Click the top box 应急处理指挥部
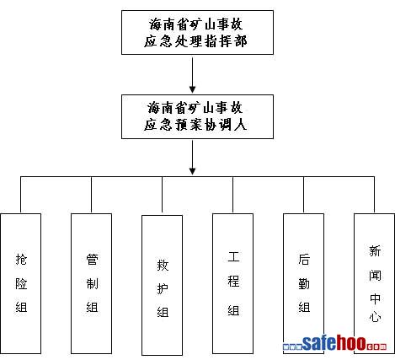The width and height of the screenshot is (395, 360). tap(197, 32)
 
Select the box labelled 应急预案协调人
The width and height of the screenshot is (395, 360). tap(197, 116)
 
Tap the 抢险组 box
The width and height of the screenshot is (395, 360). tap(21, 283)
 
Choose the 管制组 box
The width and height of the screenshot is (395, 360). tap(92, 283)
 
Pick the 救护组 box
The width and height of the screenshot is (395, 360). tap(163, 285)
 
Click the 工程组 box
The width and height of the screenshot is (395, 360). tap(233, 283)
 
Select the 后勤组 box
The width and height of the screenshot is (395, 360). tap(304, 283)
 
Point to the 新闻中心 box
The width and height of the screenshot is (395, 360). tap(374, 283)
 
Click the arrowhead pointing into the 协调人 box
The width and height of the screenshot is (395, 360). tap(192, 89)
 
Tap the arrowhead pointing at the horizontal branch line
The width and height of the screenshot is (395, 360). tap(192, 171)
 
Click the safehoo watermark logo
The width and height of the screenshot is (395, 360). tap(334, 343)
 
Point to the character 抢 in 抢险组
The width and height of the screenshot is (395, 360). tap(21, 259)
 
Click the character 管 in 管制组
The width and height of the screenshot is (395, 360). tap(92, 259)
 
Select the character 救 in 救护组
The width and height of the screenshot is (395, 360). tap(163, 265)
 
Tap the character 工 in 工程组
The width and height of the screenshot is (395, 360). tap(233, 256)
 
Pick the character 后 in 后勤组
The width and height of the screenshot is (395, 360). tap(304, 259)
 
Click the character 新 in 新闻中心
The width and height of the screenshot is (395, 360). tap(375, 250)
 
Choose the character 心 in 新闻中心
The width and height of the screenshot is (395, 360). tap(375, 316)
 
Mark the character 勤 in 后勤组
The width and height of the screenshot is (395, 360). tap(304, 283)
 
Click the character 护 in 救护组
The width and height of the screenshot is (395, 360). tap(163, 288)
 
